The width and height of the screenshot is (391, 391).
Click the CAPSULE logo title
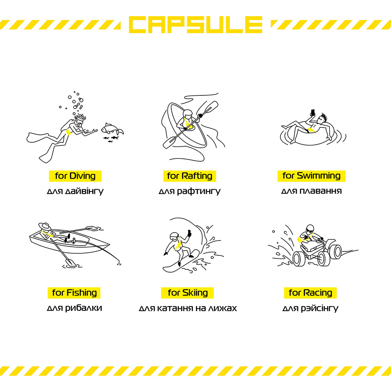click(195, 24)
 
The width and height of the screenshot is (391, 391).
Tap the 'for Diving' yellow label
click(75, 176)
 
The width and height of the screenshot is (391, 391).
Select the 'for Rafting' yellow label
click(190, 176)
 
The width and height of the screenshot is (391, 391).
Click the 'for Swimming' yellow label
click(312, 176)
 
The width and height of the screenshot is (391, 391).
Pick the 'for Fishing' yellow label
click(74, 293)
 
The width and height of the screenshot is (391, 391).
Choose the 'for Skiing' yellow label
click(187, 293)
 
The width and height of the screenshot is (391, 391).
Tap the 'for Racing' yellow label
click(310, 293)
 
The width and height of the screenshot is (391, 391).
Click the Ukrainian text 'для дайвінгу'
click(75, 192)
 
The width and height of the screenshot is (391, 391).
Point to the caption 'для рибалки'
click(74, 308)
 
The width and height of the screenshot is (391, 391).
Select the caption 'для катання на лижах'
click(188, 308)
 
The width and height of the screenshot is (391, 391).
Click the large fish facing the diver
click(112, 129)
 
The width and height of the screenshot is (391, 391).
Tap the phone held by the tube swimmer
click(313, 113)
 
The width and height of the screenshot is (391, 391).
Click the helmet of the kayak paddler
click(187, 114)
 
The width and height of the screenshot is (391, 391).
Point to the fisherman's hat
click(45, 226)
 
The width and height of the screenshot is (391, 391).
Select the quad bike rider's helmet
click(310, 229)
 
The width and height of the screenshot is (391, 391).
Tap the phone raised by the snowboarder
click(189, 233)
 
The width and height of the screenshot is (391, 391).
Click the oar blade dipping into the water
click(71, 262)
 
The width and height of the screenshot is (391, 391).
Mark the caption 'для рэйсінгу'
click(310, 308)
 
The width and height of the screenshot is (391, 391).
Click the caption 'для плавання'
click(312, 191)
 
